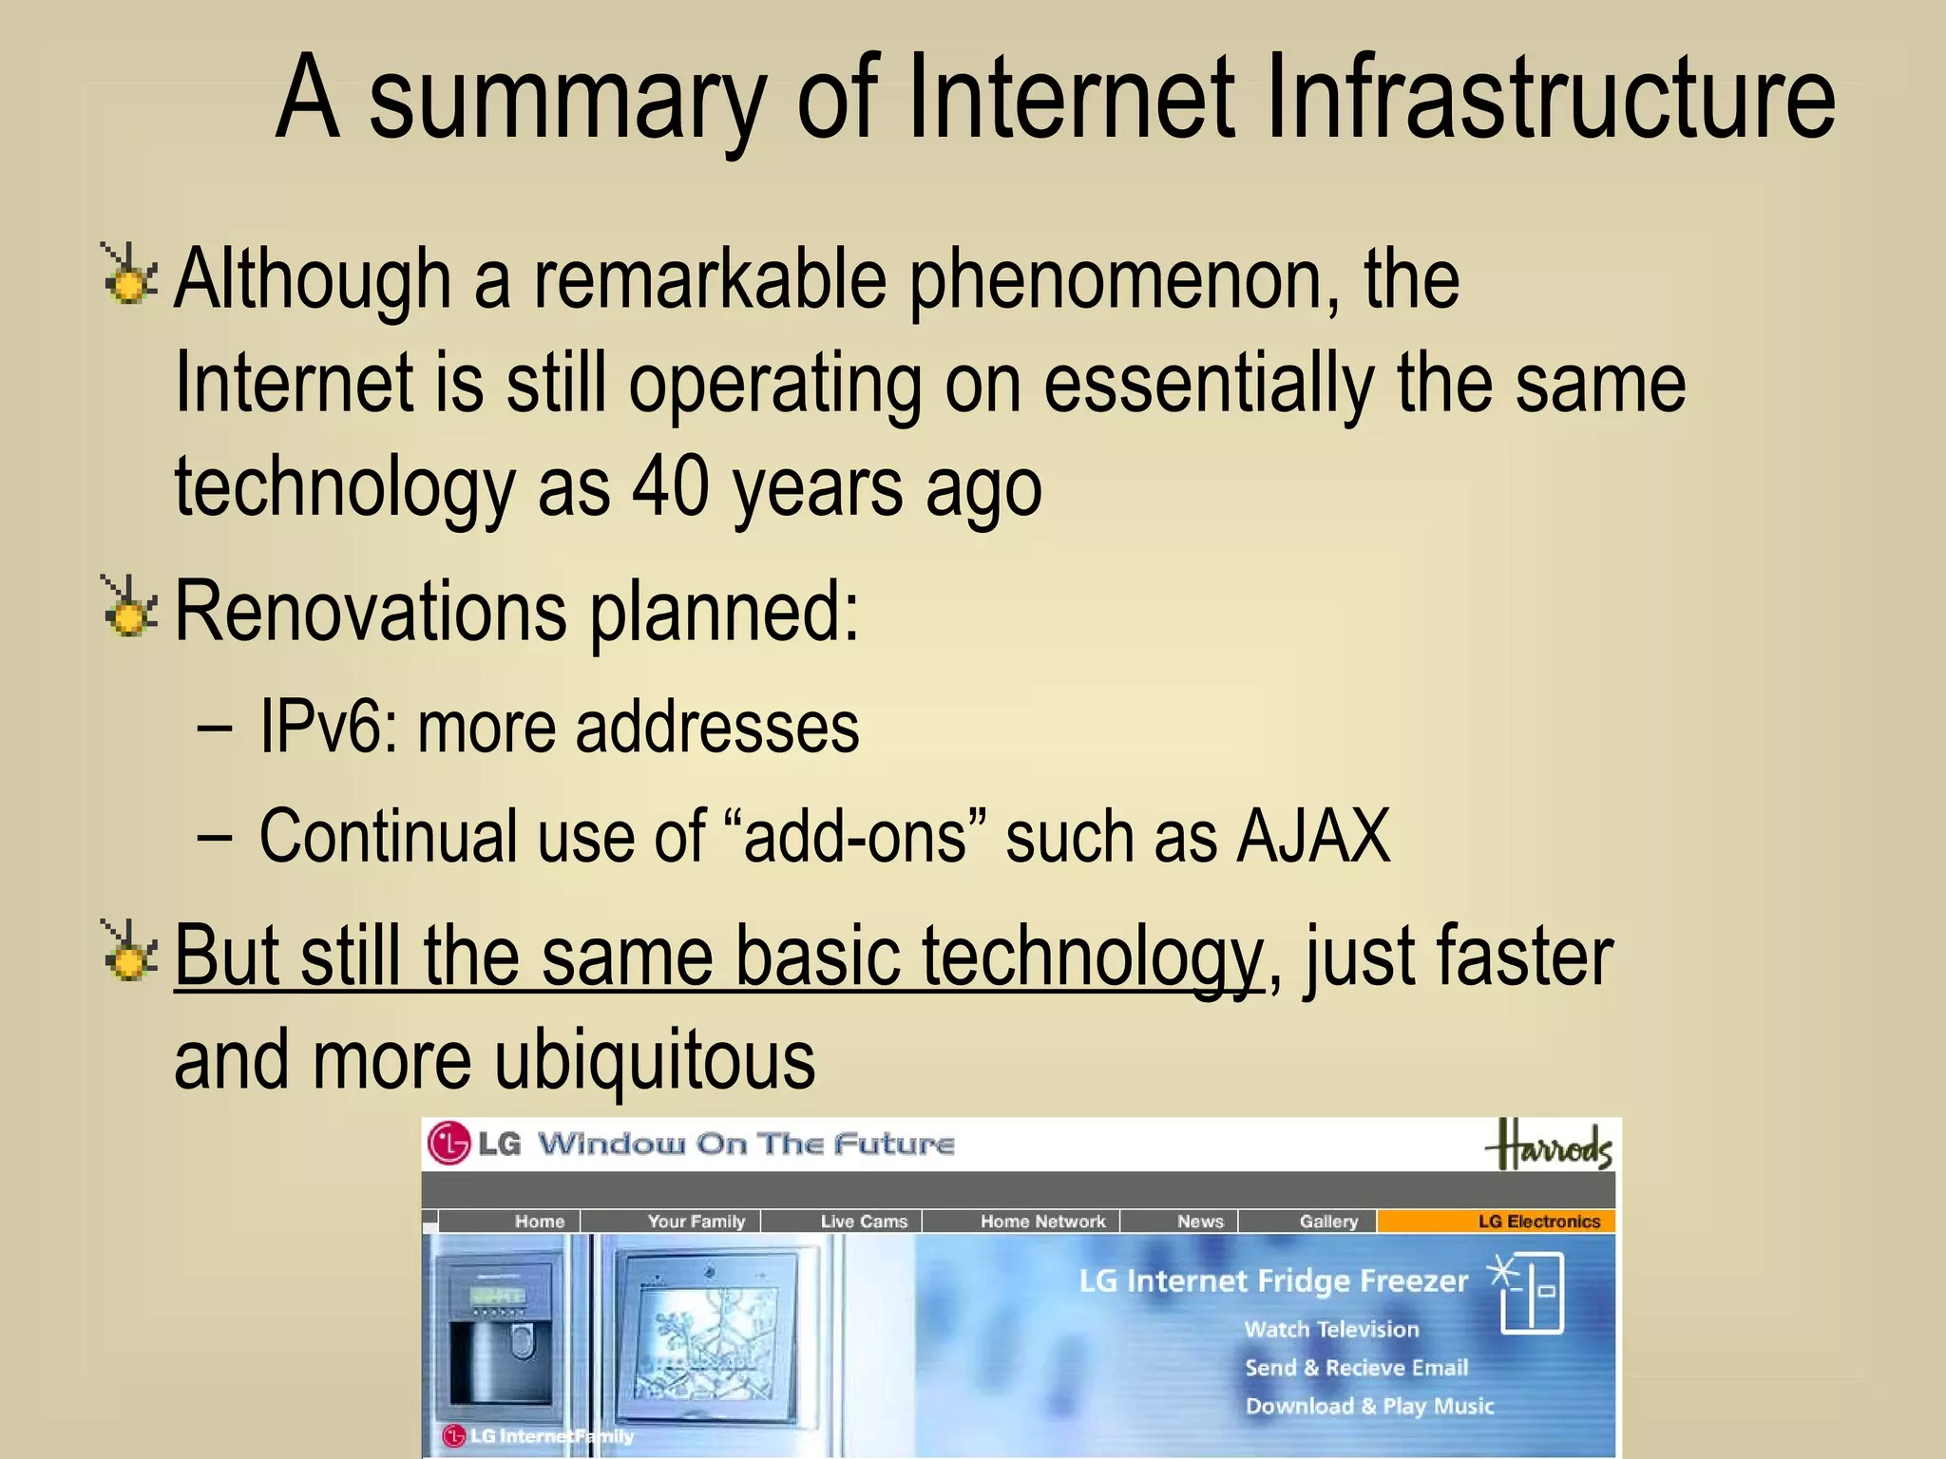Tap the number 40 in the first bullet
coord(671,486)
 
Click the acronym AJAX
coord(1314,836)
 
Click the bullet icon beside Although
coord(128,275)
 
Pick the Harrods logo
coord(1550,1146)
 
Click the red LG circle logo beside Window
coord(448,1144)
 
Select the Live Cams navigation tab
coord(864,1222)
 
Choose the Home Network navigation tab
coord(1042,1222)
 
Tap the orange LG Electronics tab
coord(1538,1222)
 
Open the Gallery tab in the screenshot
coord(1328,1222)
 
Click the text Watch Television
coord(1331,1330)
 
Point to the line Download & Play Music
coord(1369,1406)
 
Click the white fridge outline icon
coord(1532,1294)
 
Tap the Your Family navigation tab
coord(696,1222)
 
